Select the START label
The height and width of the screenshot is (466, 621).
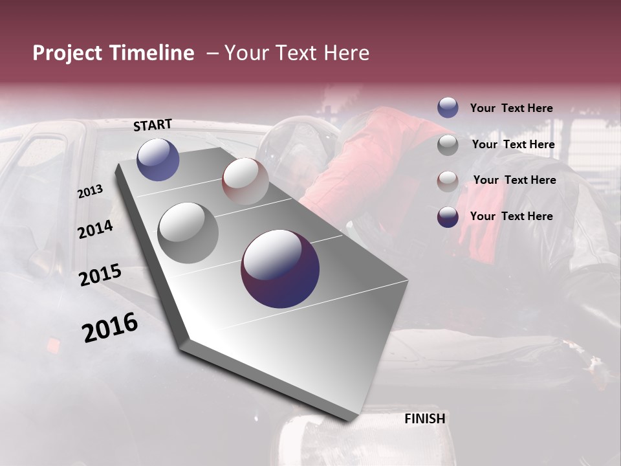tap(153, 125)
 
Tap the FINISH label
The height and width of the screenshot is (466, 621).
tap(425, 419)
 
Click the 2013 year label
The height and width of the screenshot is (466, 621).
tap(90, 192)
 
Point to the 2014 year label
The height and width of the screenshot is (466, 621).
tap(96, 229)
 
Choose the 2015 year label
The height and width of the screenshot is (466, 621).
tap(100, 274)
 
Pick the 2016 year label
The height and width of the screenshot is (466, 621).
tap(110, 327)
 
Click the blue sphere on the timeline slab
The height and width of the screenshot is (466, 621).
tap(158, 159)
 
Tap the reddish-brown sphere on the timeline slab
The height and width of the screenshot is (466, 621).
tap(245, 181)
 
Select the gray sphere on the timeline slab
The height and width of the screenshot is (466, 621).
tap(188, 232)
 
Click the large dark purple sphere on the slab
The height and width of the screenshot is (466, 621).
tap(280, 269)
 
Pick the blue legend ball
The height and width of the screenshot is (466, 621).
tap(448, 108)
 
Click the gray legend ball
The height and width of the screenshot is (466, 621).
tap(448, 145)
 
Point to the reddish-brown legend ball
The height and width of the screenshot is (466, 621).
tap(448, 181)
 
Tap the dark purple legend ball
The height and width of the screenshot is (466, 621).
tap(448, 217)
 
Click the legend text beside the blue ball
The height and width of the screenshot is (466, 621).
tap(511, 108)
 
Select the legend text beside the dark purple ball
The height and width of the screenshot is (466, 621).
tap(511, 216)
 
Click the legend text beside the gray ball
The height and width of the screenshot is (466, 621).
tap(513, 144)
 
